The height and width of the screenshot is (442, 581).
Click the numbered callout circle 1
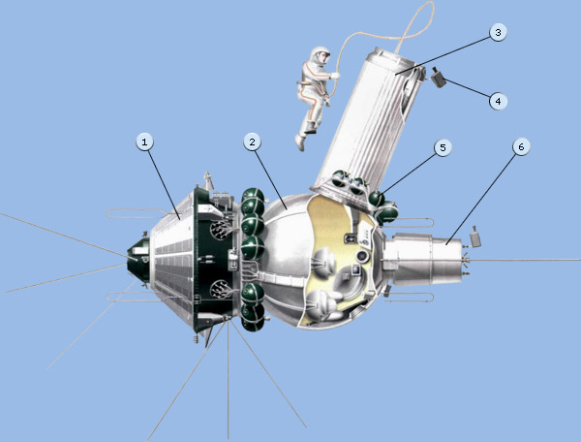click(144, 142)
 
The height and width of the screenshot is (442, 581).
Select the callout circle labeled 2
click(253, 142)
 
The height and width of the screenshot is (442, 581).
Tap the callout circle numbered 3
click(498, 33)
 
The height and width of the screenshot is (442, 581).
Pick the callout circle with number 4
click(498, 101)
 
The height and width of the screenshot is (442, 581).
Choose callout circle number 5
click(443, 148)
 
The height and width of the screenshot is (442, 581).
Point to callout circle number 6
click(521, 147)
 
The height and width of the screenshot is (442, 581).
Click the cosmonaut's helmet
click(321, 55)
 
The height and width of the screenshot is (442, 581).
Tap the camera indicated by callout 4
click(439, 78)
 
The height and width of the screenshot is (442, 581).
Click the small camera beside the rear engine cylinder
click(475, 237)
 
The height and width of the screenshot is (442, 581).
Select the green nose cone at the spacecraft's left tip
click(138, 260)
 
